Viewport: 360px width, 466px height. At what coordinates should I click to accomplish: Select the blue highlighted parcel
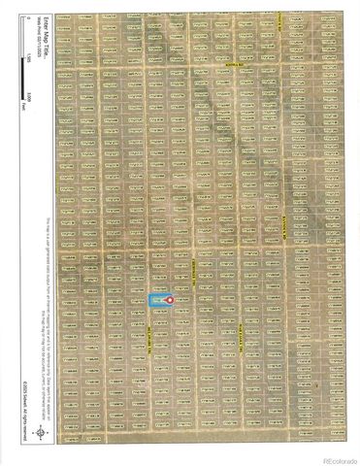point(160,301)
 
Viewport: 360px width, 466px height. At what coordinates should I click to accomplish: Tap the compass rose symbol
point(40,434)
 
